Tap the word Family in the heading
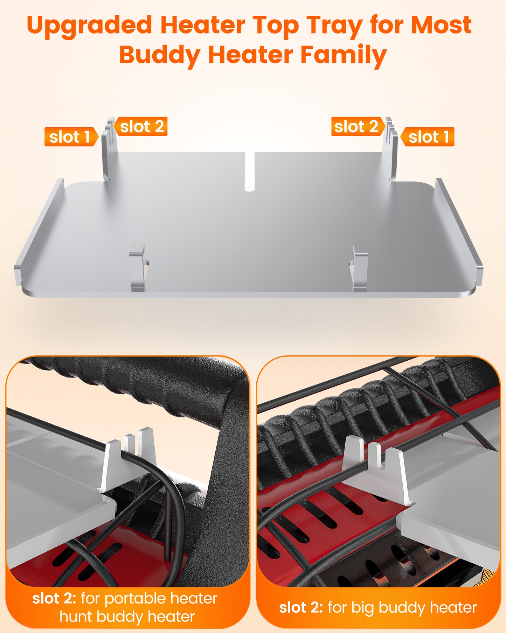[343, 55]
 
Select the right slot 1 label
[428, 137]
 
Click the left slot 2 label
[142, 127]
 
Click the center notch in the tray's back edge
[249, 172]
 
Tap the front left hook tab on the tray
[137, 268]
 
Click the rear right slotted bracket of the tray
[391, 151]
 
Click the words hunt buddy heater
[127, 616]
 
